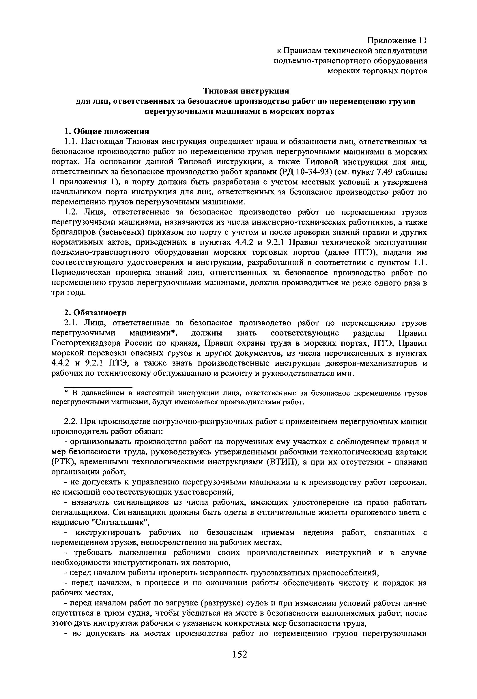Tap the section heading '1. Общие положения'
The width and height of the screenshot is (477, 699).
(107, 131)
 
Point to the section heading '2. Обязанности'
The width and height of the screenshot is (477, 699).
(96, 313)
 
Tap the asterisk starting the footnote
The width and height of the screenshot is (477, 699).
(66, 393)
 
